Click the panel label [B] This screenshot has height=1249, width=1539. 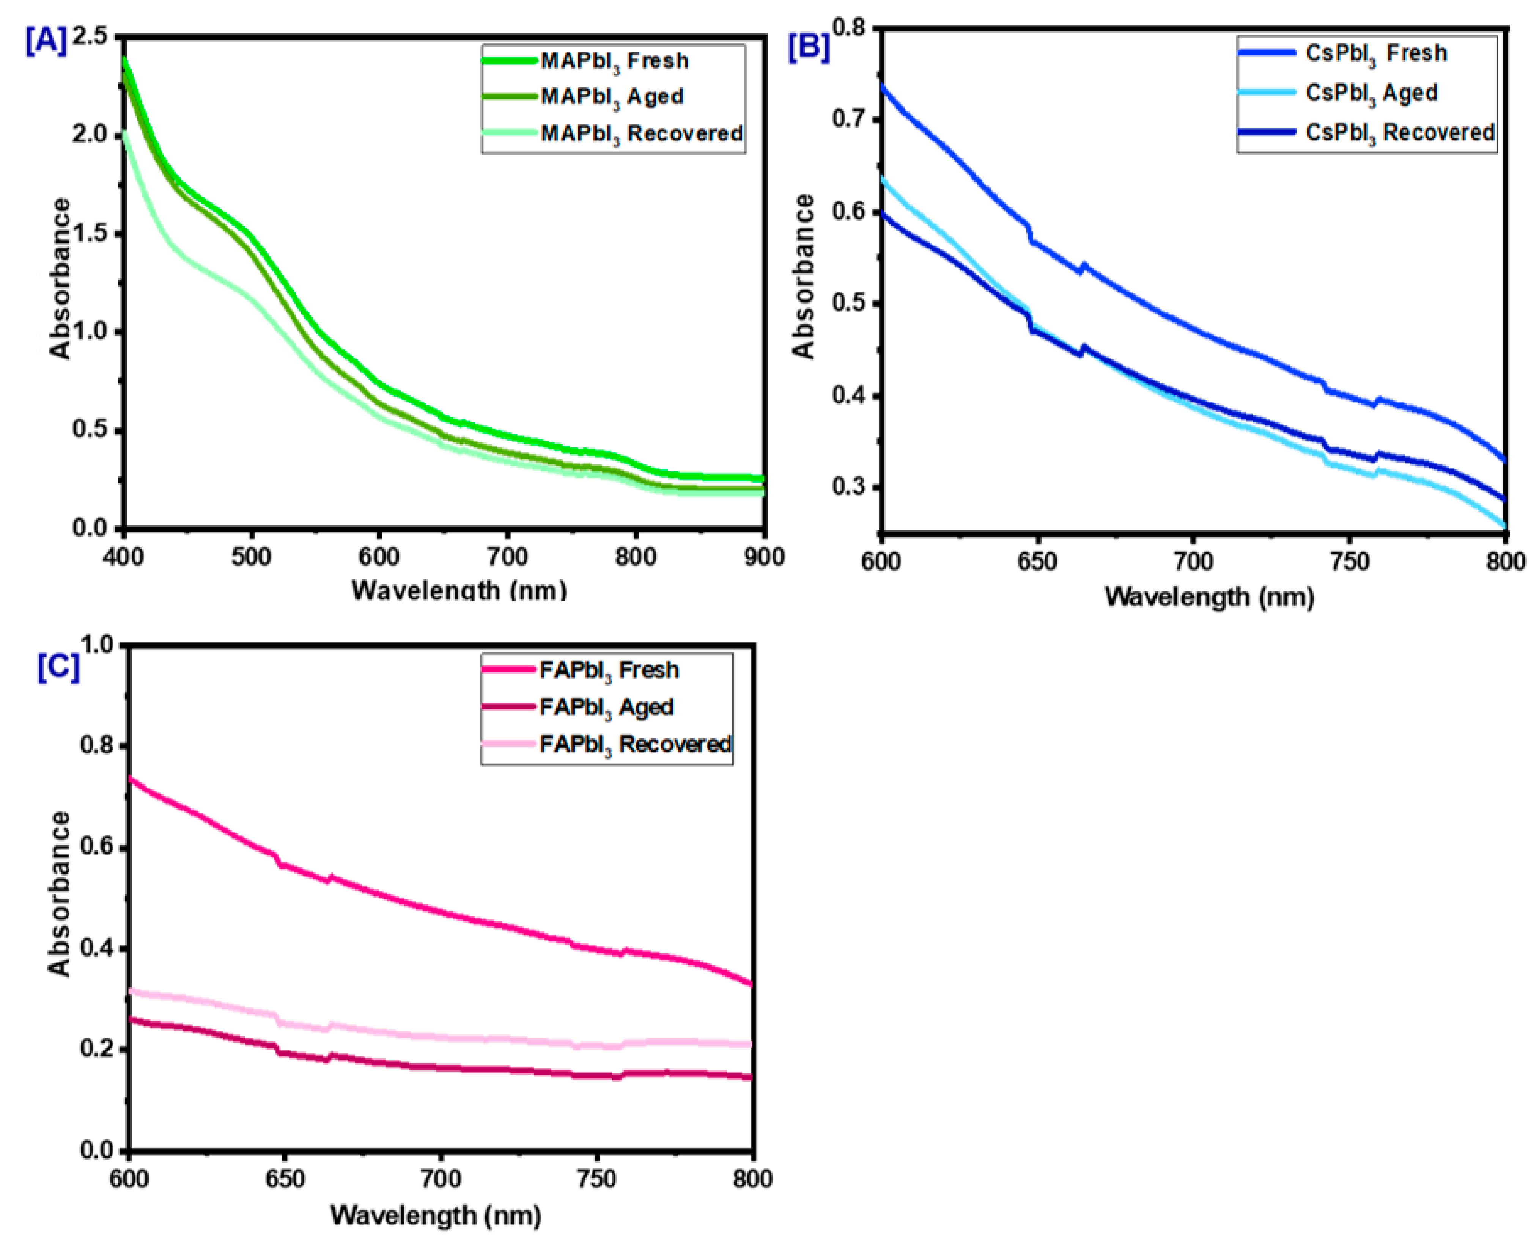click(x=808, y=47)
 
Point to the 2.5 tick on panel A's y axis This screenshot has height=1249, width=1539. click(x=90, y=36)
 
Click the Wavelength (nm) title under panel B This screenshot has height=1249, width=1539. click(x=1209, y=597)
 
